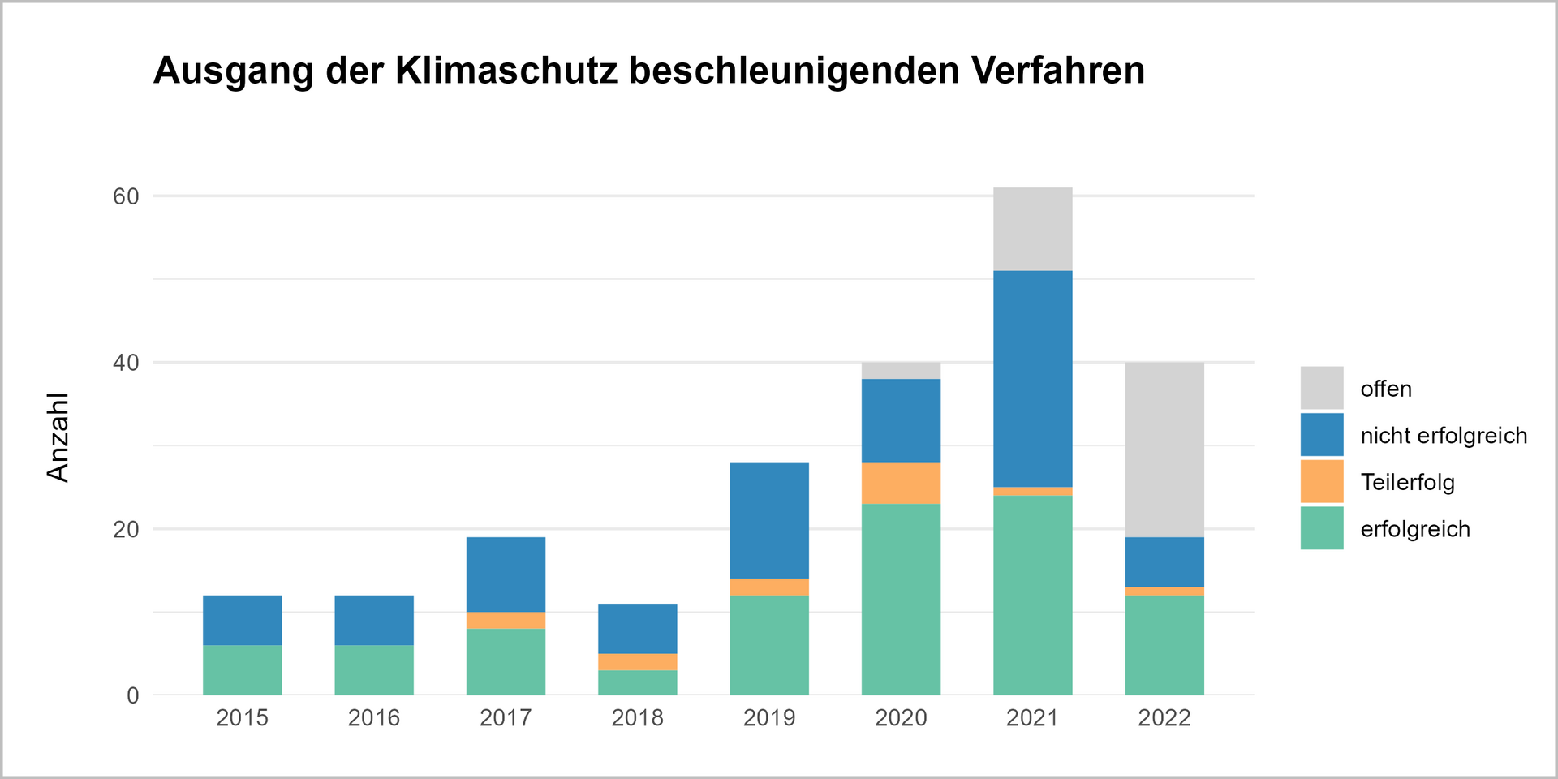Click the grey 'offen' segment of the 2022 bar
(1164, 450)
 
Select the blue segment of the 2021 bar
(1032, 379)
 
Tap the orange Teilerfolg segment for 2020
(901, 483)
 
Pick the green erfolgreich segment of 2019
(769, 645)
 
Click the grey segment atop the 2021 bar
(1032, 229)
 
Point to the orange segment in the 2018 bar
(637, 661)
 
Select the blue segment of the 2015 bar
(242, 620)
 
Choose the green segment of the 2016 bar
(374, 670)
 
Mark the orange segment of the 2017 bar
(506, 620)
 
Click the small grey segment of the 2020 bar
(901, 371)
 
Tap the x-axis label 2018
(637, 717)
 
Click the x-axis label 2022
(1164, 717)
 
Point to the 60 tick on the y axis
(126, 196)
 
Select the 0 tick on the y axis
(133, 695)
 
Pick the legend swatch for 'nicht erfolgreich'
(1321, 435)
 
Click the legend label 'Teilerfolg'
(1407, 482)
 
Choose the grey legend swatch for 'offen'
(1321, 388)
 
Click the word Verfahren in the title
(1057, 71)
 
